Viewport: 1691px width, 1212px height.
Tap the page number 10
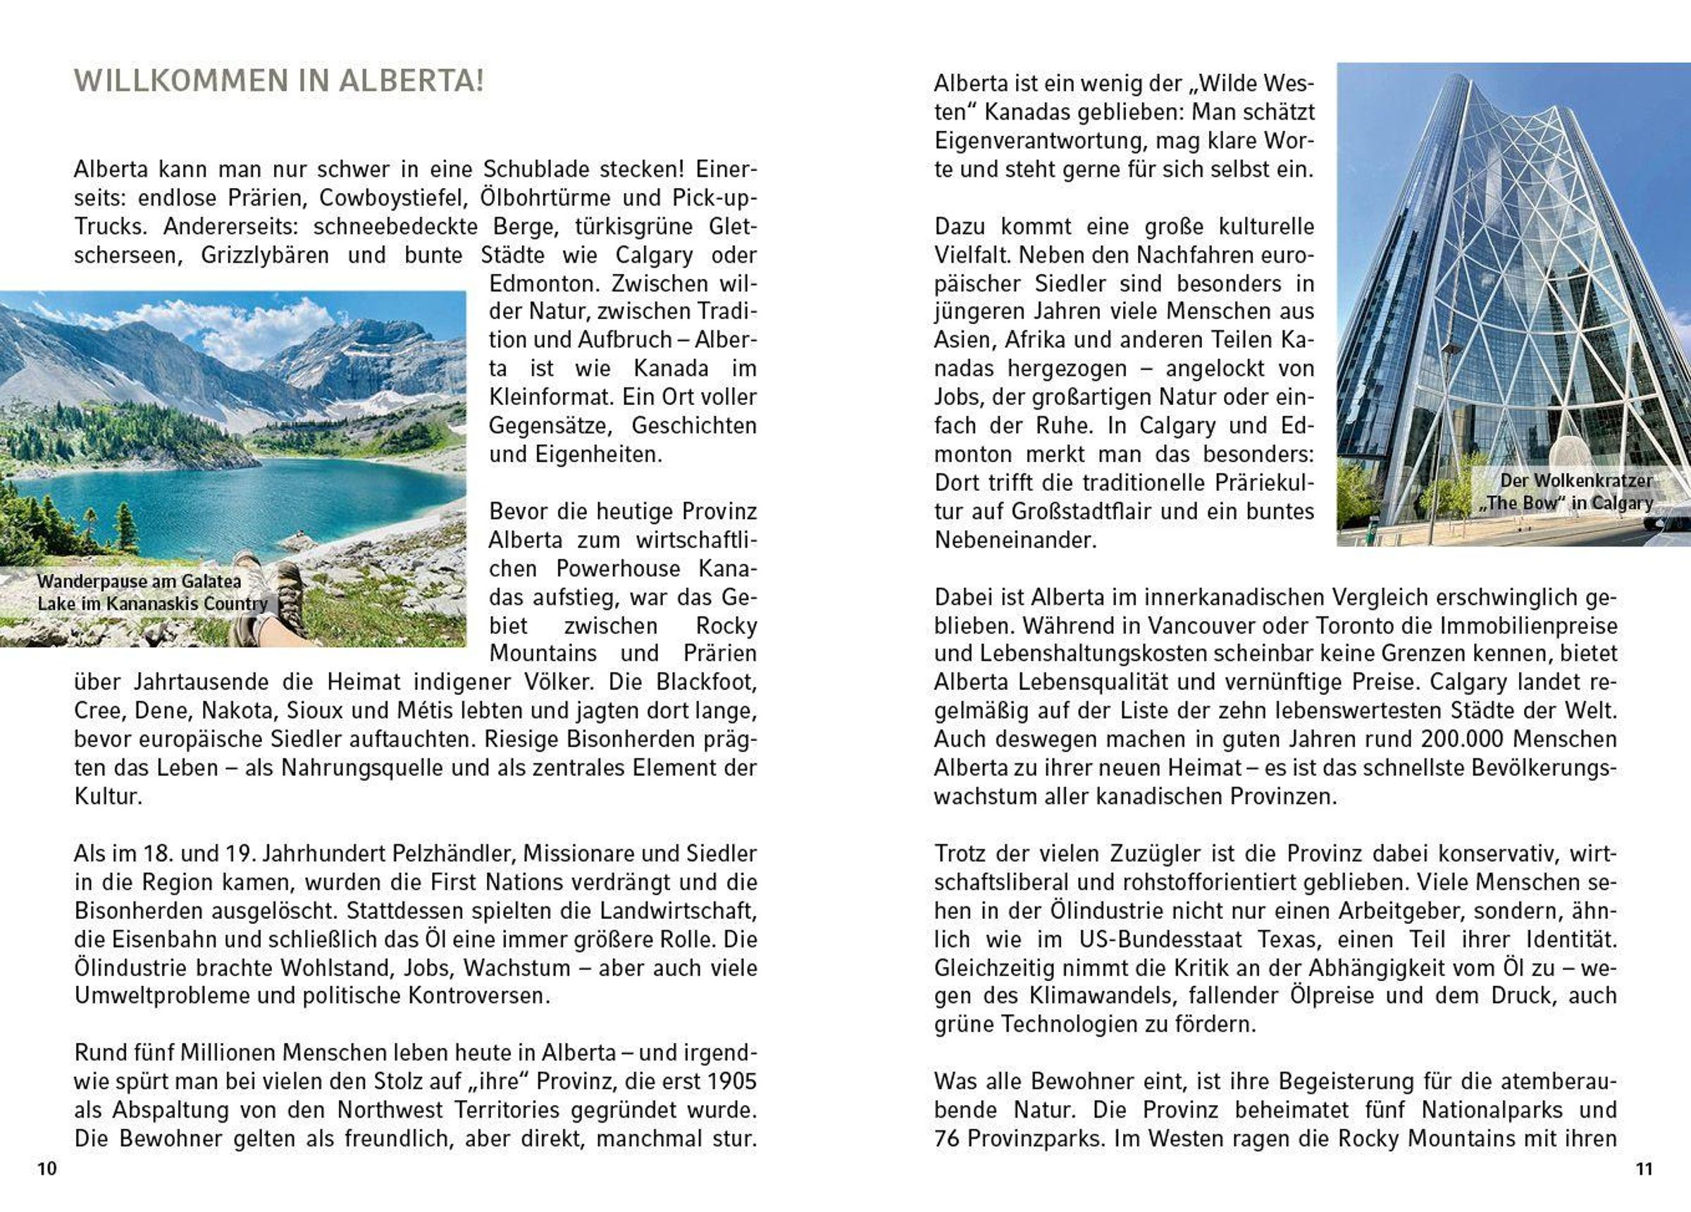pyautogui.click(x=47, y=1169)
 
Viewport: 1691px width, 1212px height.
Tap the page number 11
pyautogui.click(x=1644, y=1169)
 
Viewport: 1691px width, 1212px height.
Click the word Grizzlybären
pyautogui.click(x=265, y=255)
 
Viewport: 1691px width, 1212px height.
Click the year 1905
pyautogui.click(x=732, y=1082)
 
